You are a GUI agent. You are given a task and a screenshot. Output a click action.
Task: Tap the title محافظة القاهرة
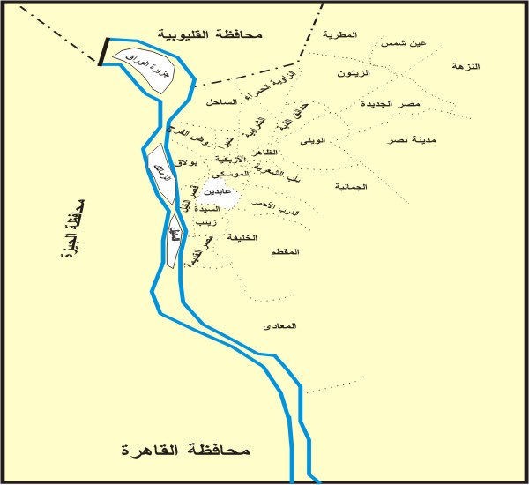pos(186,451)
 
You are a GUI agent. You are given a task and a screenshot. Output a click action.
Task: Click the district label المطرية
pos(340,35)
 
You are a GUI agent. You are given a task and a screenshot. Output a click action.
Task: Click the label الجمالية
pos(351,187)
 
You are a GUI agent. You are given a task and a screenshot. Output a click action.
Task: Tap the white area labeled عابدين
pos(216,192)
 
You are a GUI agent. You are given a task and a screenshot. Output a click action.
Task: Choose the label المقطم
pos(287,251)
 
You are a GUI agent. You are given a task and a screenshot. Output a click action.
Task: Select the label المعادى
pos(280,326)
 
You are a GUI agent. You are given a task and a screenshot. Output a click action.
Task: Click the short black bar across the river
pos(102,51)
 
